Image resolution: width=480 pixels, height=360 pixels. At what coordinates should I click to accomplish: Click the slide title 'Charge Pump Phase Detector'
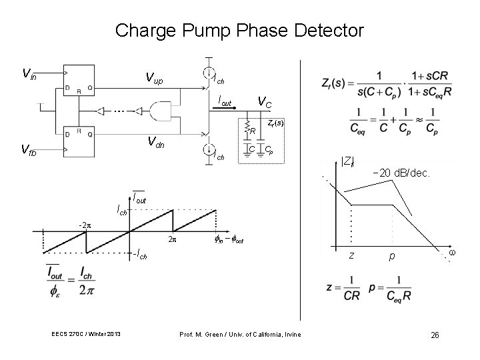239,31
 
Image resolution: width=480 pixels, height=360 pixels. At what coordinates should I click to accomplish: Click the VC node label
265,102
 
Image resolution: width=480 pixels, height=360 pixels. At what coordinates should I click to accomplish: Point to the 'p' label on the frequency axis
394,256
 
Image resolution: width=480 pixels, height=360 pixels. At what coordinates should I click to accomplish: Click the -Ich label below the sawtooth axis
139,255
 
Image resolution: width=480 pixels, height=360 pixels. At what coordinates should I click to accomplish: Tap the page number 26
435,334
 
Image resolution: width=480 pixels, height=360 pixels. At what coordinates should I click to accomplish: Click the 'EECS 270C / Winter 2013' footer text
85,334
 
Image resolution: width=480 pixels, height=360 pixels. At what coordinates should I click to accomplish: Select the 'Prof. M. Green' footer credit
241,334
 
